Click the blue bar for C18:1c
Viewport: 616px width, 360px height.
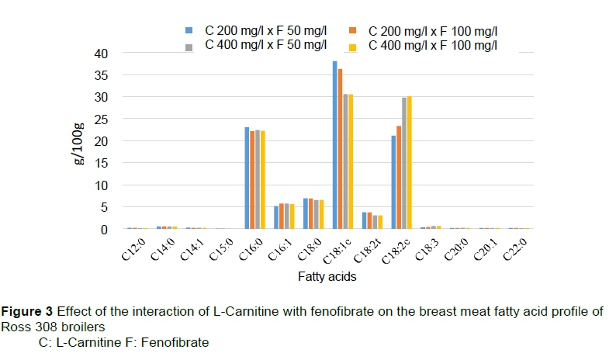click(335, 145)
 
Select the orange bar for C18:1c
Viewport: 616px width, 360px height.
click(341, 149)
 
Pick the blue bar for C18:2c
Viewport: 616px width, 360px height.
click(394, 182)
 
